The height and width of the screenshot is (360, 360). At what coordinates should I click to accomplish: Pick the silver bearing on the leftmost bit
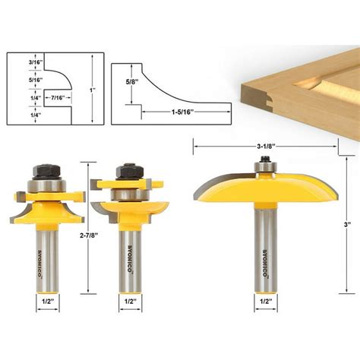(x=43, y=184)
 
